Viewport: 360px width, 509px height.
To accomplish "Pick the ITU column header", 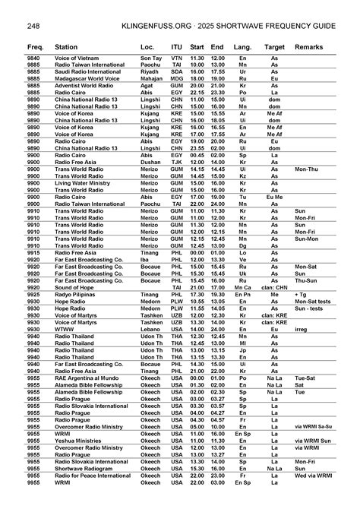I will [x=177, y=47].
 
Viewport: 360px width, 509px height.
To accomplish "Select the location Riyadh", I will [x=151, y=71].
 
